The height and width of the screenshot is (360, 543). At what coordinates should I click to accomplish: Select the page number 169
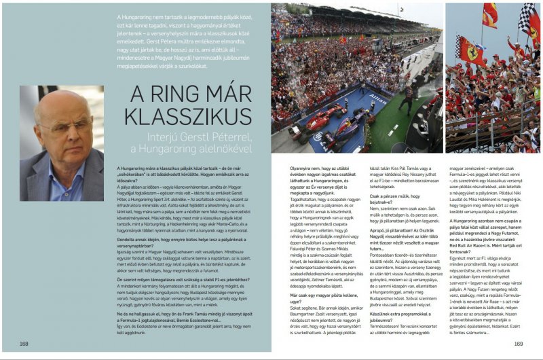[518, 344]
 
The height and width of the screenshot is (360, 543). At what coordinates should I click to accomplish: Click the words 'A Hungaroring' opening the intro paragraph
[134, 16]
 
